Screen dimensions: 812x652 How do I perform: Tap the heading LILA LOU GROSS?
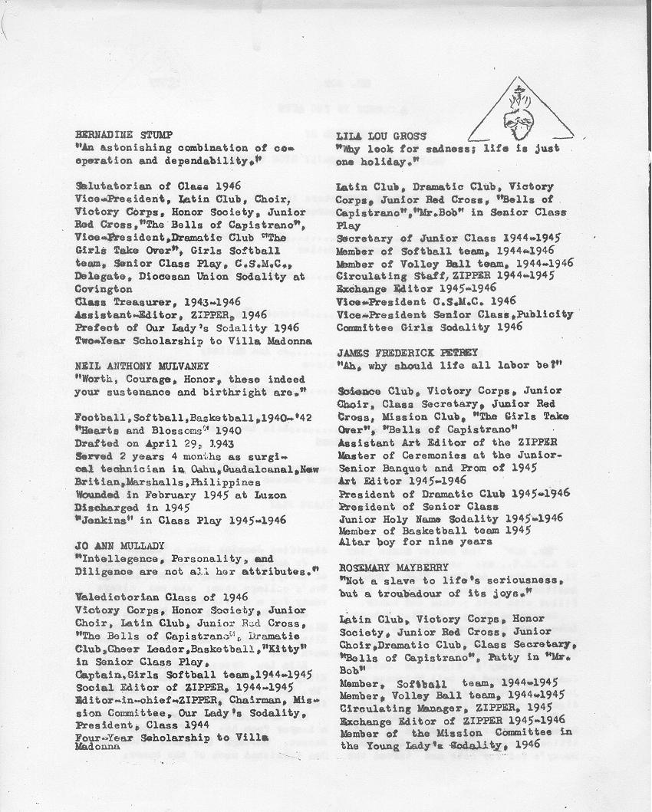coord(371,136)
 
